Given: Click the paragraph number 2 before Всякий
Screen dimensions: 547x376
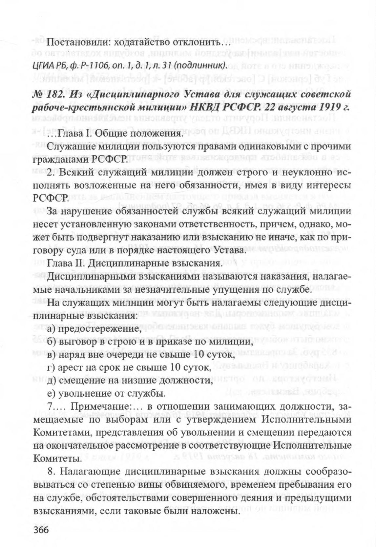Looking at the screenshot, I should tap(50, 173).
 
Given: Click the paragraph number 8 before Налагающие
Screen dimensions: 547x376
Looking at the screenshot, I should tap(50, 471).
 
